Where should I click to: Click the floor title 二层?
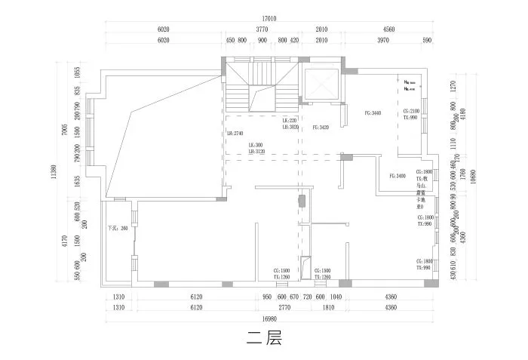[x=263, y=339]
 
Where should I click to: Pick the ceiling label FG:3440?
[x=373, y=113]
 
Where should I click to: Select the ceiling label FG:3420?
[x=321, y=128]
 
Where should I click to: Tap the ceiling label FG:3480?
[x=398, y=176]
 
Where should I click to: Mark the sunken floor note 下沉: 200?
[x=118, y=227]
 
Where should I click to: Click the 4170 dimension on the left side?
[x=66, y=242]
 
